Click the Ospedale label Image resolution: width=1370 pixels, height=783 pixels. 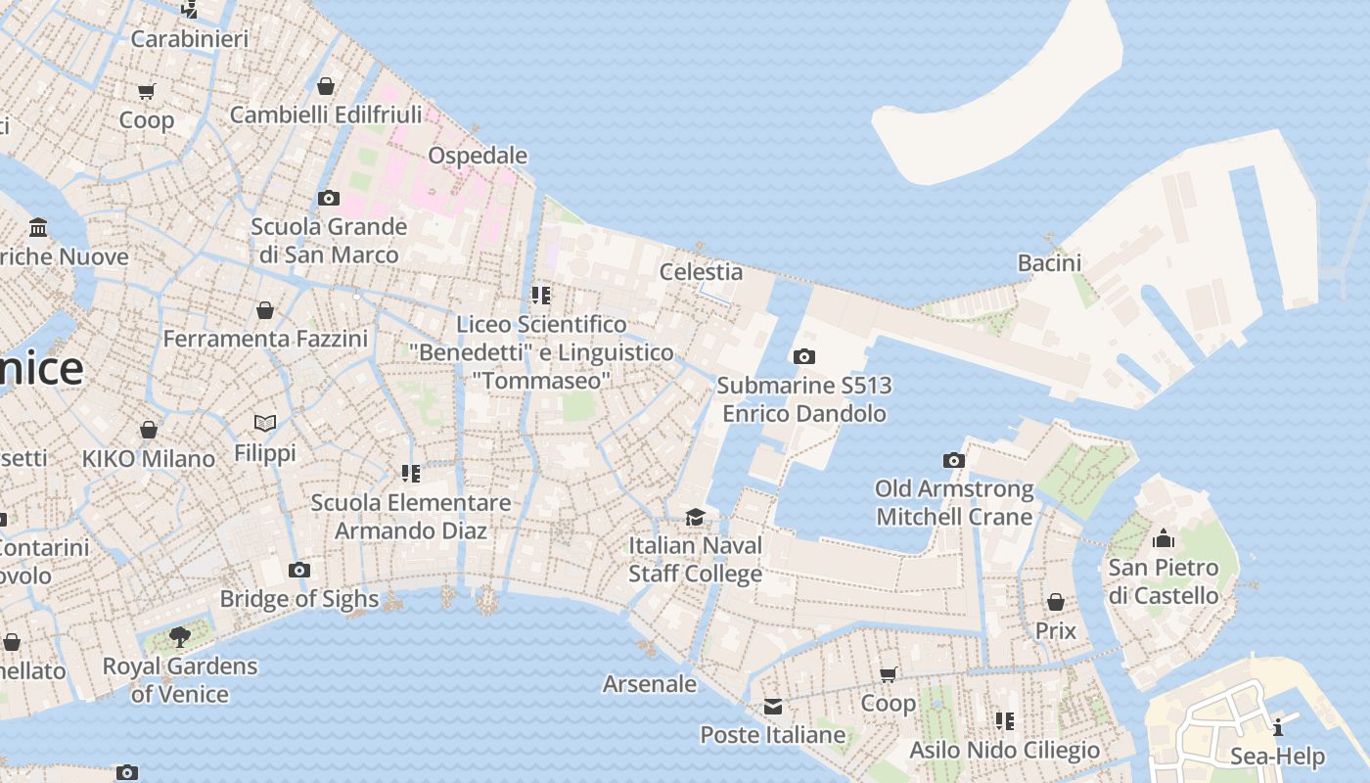point(478,156)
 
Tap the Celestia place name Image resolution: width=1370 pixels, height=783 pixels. point(701,272)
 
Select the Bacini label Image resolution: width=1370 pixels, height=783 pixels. point(1049,262)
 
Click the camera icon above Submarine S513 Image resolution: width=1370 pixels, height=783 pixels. point(803,357)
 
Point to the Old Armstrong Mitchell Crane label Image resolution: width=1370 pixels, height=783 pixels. point(954,502)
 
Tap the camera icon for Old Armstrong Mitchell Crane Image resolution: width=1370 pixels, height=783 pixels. point(954,460)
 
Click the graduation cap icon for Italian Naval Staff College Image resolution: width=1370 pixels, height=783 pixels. point(695,517)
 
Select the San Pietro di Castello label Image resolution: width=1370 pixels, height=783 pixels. point(1163,581)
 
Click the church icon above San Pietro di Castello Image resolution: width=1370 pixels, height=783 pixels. point(1164,538)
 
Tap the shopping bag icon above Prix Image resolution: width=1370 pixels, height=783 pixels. point(1055,602)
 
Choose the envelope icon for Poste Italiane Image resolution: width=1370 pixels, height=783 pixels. point(773,707)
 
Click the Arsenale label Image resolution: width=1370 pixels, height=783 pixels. point(650,684)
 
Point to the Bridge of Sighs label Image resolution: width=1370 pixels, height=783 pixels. point(299,599)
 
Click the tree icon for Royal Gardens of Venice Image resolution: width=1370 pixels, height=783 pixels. point(180,637)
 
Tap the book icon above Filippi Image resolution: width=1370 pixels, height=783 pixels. point(265,423)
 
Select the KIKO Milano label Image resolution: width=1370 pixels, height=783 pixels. point(149,459)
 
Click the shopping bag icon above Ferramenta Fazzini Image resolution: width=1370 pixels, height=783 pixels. point(265,311)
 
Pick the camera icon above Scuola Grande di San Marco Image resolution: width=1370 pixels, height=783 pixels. point(329,199)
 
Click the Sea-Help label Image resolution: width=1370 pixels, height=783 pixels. point(1277,757)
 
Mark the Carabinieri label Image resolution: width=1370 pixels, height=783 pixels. point(190,39)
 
